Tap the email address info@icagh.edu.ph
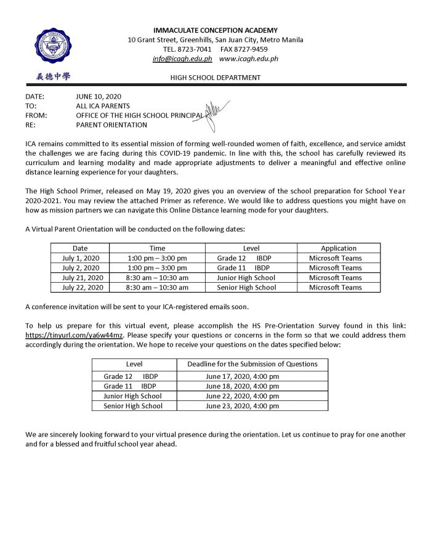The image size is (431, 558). (x=182, y=59)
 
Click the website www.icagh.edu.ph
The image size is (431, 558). (x=249, y=59)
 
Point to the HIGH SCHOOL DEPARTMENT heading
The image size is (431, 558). (x=216, y=78)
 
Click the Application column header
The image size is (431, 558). (x=338, y=248)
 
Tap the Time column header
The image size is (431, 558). (x=157, y=248)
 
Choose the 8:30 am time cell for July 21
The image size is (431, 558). (x=157, y=278)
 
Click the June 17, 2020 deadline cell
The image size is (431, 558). (x=242, y=376)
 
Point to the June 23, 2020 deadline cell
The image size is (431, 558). (x=242, y=406)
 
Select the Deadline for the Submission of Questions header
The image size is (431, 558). (x=252, y=364)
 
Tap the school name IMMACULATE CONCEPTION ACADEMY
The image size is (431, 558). (x=216, y=30)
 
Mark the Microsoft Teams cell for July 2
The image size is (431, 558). (x=336, y=268)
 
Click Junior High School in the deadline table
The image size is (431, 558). (x=133, y=396)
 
